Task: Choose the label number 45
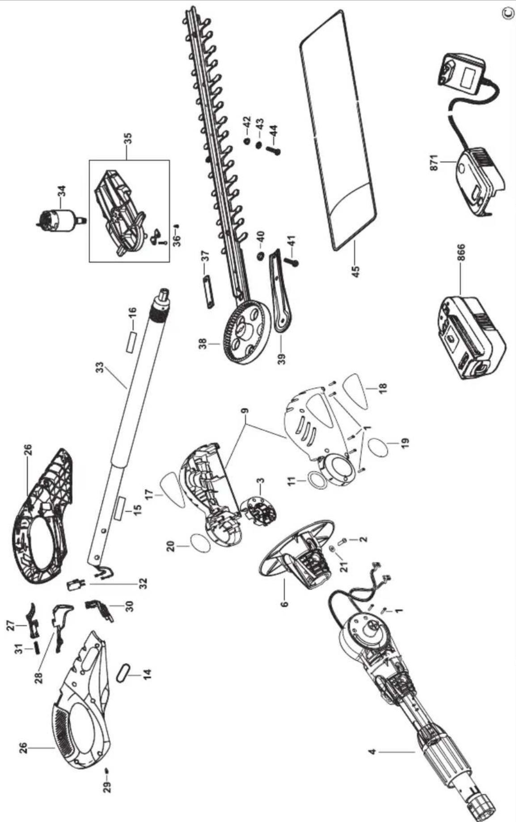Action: [x=355, y=272]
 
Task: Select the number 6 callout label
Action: [x=285, y=603]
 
